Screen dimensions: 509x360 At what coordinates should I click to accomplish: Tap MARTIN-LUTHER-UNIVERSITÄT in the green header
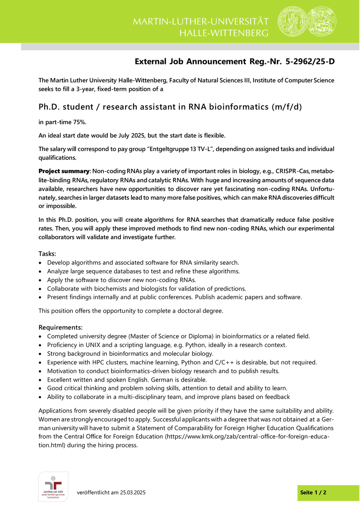coord(201,22)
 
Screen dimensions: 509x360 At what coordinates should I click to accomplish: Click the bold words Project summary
coord(64,171)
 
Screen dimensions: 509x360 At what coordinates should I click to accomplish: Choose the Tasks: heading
coord(47,254)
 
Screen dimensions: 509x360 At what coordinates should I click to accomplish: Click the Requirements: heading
coord(60,327)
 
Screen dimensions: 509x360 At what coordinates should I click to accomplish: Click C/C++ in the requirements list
coord(231,363)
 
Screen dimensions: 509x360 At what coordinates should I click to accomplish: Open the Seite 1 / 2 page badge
coord(313,492)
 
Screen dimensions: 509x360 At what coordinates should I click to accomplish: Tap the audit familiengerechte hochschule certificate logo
coord(53,487)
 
